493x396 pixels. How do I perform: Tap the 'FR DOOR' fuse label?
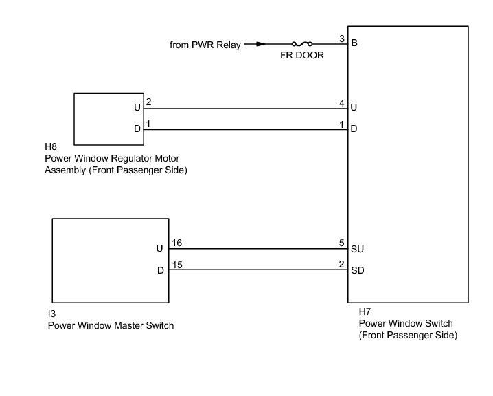302,56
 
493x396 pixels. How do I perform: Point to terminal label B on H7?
354,44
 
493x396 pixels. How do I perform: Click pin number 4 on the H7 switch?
341,102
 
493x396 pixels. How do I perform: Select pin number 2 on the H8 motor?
148,102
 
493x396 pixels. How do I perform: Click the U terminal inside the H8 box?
137,108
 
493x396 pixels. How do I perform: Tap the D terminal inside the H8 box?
137,129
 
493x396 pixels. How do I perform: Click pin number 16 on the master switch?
176,243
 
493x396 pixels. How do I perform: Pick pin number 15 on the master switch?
176,264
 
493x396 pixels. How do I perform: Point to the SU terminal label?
357,249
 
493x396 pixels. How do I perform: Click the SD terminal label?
357,270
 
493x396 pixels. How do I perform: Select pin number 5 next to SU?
341,243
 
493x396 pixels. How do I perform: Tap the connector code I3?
52,313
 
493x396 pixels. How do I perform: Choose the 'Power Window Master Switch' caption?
111,325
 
